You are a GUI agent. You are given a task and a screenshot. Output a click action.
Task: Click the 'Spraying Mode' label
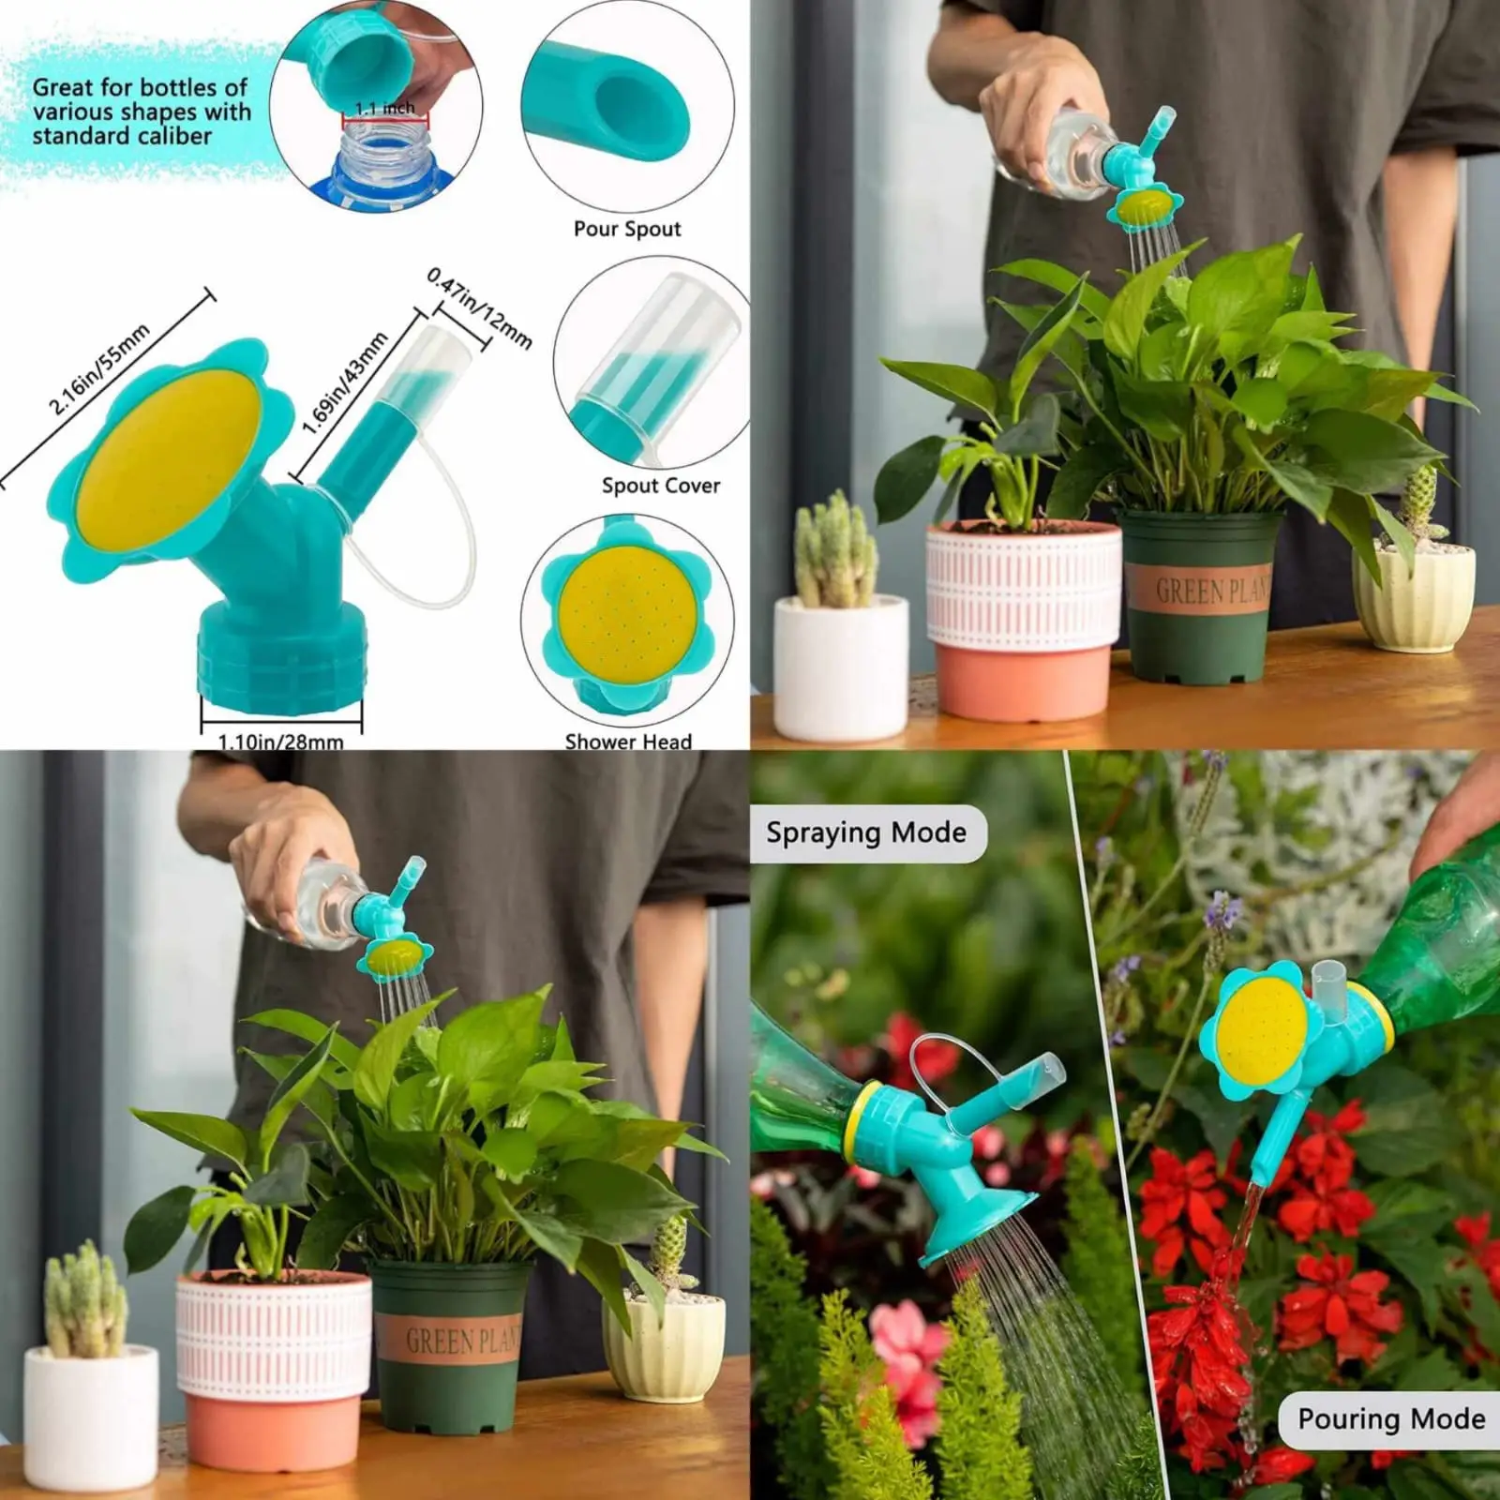866,832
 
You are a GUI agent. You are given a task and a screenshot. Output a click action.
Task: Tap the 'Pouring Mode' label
1391,1419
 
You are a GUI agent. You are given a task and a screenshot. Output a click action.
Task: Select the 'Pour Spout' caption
627,229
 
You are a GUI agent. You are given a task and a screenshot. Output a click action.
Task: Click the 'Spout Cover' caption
661,486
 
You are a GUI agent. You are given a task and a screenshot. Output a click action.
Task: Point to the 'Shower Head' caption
628,742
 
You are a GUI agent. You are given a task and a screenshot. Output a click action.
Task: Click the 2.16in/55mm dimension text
99,369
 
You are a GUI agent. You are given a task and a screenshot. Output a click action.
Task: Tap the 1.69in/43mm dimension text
345,383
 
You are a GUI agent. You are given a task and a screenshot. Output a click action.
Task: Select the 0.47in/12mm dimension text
479,307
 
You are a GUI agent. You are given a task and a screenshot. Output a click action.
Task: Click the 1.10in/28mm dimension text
280,742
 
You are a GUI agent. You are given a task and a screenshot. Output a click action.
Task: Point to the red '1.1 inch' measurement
384,109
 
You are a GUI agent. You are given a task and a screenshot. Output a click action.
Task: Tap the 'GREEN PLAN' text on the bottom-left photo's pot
462,1341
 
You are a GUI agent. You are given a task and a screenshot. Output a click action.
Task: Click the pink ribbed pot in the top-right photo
1022,619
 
